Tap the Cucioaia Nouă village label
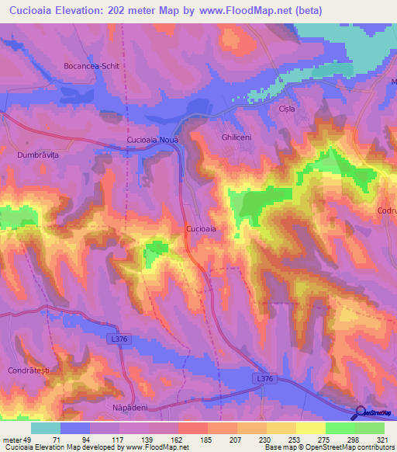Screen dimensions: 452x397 coord(153,140)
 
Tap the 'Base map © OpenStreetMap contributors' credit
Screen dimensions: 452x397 coord(330,447)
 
